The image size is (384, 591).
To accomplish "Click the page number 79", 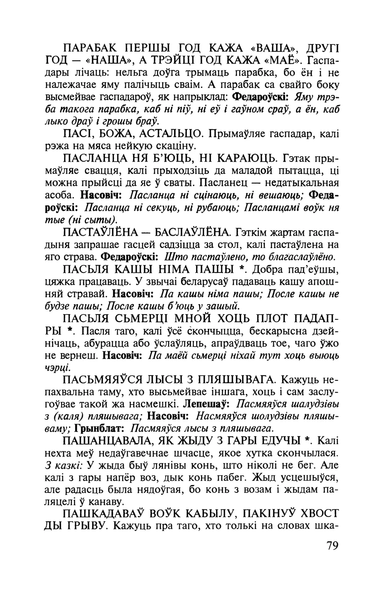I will pos(332,547).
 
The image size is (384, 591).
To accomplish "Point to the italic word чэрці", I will pos(57,367).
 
